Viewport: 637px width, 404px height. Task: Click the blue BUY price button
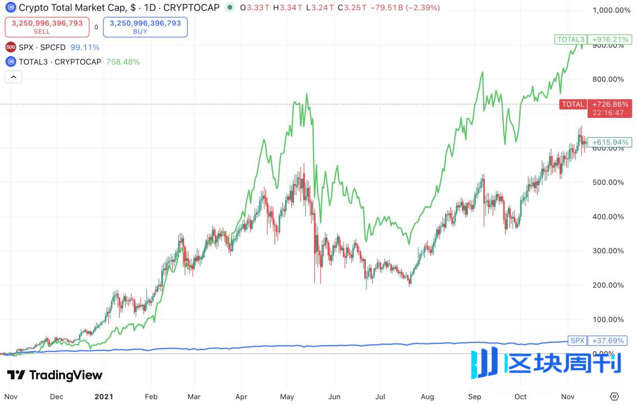[145, 26]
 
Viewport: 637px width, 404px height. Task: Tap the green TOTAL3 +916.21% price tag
[590, 39]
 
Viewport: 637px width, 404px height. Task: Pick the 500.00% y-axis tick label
[608, 182]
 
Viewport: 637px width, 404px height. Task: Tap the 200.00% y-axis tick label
[608, 285]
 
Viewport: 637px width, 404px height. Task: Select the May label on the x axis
[287, 396]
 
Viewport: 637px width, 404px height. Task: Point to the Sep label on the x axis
[474, 396]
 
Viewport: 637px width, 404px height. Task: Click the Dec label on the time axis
[57, 396]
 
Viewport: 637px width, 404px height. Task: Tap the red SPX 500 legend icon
[11, 47]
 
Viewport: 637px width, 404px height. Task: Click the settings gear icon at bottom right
[615, 396]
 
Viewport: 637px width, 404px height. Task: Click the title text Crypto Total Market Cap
[71, 8]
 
